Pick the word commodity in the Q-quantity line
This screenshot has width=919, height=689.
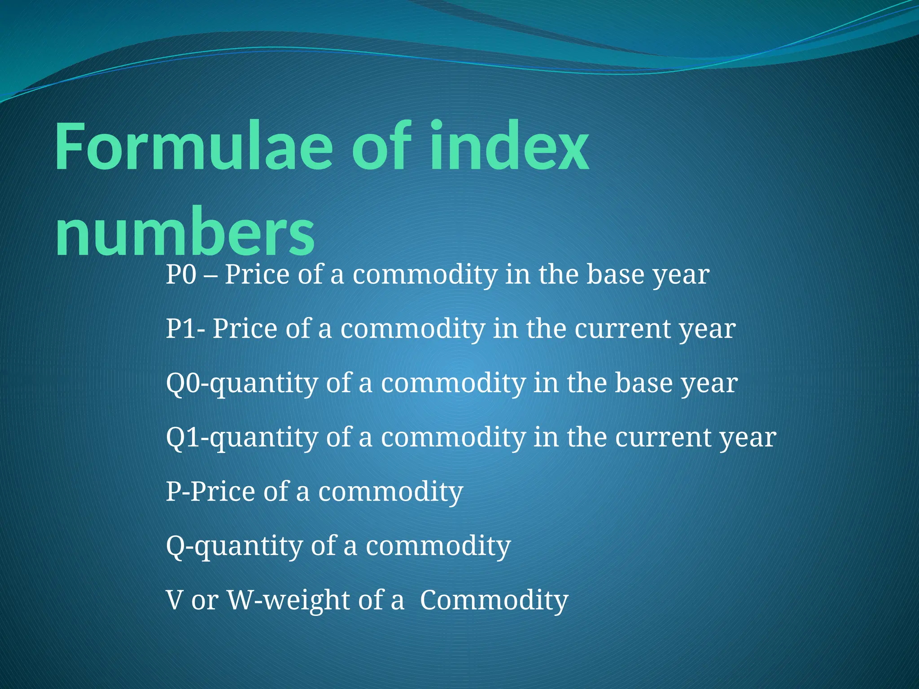(x=438, y=546)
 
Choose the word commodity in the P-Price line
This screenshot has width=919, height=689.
(x=390, y=492)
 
